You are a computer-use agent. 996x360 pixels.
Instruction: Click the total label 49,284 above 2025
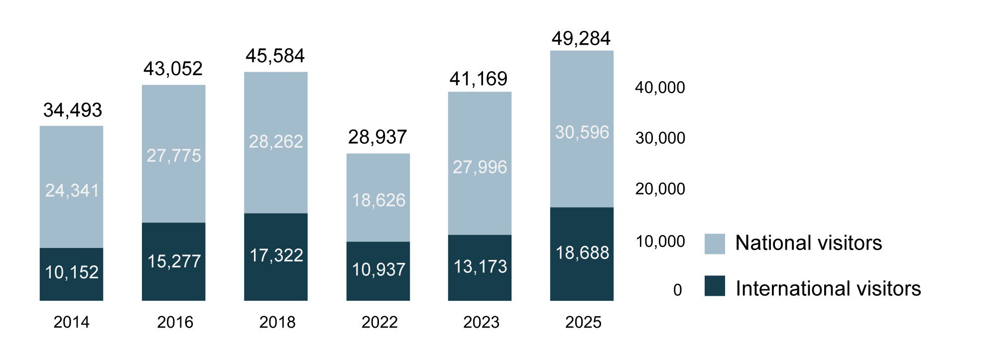[x=581, y=38]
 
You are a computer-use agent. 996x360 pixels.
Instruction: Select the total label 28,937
[x=377, y=137]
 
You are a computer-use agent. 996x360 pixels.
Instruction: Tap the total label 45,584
[x=275, y=56]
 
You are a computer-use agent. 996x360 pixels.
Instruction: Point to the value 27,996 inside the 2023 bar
[x=480, y=167]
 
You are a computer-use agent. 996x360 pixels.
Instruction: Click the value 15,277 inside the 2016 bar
[x=174, y=261]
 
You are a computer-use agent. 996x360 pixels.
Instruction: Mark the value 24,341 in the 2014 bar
[x=72, y=190]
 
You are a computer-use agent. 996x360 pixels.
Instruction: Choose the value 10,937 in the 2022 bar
[x=378, y=270]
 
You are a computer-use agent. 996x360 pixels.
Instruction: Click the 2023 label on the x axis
[x=481, y=322]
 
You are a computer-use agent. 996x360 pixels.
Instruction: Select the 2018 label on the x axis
[x=277, y=322]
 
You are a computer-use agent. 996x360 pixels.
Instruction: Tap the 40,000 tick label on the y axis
[x=660, y=88]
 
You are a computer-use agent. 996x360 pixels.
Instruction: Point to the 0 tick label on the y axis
[x=677, y=290]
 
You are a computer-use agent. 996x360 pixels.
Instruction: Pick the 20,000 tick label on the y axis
[x=660, y=189]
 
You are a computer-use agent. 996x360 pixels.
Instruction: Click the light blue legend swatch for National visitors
[x=715, y=244]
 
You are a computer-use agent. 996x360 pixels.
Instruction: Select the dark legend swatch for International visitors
[x=715, y=286]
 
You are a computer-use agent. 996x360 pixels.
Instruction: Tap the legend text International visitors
[x=828, y=289]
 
